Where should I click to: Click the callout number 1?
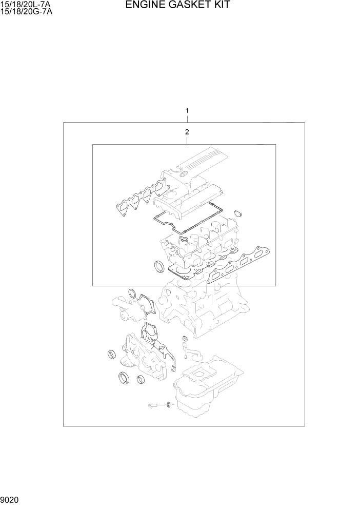tap(188, 110)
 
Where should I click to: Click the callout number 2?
tap(187, 132)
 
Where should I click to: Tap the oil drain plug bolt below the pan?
tap(153, 406)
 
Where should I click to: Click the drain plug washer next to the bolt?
tap(168, 406)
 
